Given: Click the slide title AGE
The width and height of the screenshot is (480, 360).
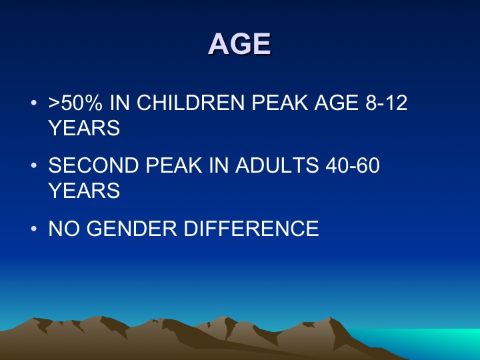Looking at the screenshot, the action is tap(240, 44).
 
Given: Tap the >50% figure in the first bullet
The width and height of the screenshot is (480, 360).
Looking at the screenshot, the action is tap(75, 103).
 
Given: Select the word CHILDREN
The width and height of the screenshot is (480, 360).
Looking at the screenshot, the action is tap(191, 103).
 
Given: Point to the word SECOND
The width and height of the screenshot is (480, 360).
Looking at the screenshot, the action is tap(94, 165).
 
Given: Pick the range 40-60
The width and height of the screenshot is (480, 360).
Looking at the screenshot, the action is tap(353, 165).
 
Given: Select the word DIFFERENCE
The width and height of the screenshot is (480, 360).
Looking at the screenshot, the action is tap(251, 229).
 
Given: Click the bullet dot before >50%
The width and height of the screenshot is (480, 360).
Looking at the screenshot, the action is tap(34, 103).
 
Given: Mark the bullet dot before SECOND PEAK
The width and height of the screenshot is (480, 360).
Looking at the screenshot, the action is tap(34, 165).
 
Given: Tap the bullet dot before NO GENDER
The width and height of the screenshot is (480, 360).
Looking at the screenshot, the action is tap(34, 229).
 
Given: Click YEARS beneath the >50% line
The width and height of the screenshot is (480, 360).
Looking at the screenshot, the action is tap(84, 127).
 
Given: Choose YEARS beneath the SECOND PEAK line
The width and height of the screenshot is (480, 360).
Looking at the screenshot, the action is tap(84, 191).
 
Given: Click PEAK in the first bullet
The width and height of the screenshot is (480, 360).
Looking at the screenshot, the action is tap(279, 103).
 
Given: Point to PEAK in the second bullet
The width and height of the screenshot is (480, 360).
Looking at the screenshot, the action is tap(174, 165).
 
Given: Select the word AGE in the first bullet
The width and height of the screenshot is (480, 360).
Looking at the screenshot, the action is tap(336, 103).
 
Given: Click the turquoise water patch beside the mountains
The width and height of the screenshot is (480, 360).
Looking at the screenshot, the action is tap(429, 343).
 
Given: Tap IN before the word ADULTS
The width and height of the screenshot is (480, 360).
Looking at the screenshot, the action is tap(219, 165).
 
